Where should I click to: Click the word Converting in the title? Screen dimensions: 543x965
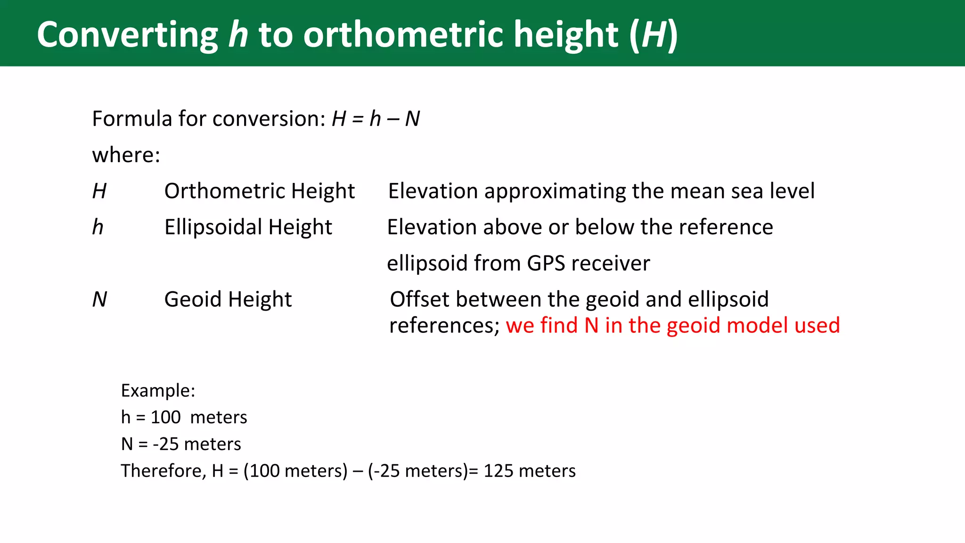(127, 35)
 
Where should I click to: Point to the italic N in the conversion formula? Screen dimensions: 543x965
(412, 119)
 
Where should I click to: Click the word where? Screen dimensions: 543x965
(126, 155)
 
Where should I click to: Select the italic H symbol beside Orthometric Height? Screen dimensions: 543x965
(99, 191)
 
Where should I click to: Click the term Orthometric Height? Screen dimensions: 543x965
(259, 191)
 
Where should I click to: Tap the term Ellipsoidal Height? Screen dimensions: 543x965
(248, 227)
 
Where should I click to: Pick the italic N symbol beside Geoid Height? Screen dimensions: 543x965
(99, 300)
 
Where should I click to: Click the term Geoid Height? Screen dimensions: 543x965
(228, 300)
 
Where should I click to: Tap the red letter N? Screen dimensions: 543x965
(591, 326)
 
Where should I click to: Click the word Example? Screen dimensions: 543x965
(158, 391)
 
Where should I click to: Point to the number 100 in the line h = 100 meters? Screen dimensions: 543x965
(165, 418)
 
